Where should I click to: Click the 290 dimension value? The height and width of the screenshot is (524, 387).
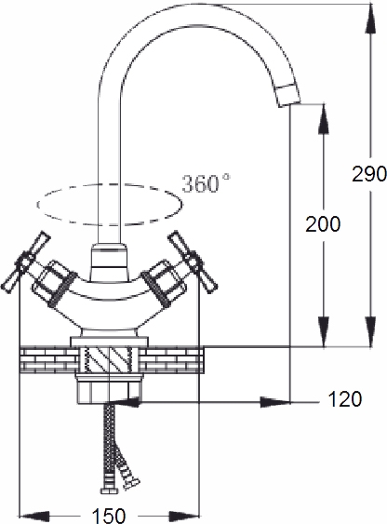click(x=369, y=174)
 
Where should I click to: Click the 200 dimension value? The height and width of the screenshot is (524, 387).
click(x=323, y=224)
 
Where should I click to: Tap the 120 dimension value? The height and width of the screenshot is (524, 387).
click(x=345, y=398)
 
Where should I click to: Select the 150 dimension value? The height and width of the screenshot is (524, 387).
click(x=109, y=515)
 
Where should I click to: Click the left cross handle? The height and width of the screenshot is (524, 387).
click(x=26, y=261)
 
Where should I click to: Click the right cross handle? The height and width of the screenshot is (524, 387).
click(x=193, y=262)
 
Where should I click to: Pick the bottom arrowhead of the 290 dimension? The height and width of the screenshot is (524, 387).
click(x=371, y=331)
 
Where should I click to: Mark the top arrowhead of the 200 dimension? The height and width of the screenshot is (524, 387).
click(x=324, y=119)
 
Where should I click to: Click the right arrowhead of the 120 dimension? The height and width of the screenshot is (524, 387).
click(x=275, y=402)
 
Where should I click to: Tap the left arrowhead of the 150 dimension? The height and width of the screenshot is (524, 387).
click(x=34, y=516)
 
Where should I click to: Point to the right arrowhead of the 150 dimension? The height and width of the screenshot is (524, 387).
click(x=184, y=516)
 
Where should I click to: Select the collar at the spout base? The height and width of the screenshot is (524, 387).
click(x=110, y=262)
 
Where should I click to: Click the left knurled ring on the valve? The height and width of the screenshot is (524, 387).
click(x=60, y=290)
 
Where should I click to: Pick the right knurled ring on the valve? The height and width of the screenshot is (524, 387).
click(x=156, y=289)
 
